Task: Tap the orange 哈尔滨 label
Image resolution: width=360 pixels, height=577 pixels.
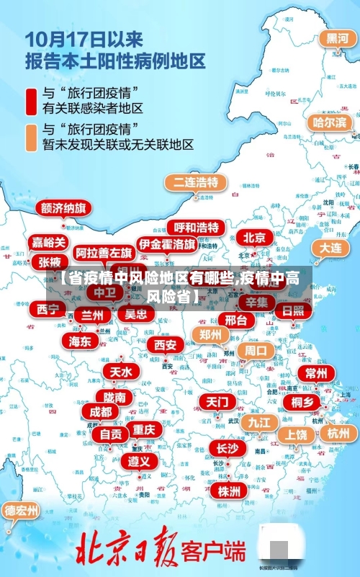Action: click(329, 122)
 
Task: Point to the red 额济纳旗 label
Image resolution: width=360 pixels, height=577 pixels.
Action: click(64, 208)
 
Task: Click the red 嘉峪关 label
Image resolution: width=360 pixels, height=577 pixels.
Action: click(49, 242)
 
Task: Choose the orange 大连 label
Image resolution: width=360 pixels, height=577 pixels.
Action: click(330, 248)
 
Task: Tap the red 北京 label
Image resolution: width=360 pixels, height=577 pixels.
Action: click(254, 237)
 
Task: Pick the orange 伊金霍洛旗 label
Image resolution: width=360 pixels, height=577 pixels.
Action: click(167, 243)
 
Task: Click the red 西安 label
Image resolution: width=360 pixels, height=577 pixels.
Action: click(165, 345)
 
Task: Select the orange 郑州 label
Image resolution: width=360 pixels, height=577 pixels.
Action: click(210, 334)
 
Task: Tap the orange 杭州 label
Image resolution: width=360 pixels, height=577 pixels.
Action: click(338, 433)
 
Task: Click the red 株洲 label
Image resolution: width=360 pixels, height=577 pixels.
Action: click(228, 470)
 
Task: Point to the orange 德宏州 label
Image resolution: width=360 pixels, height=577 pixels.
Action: click(22, 511)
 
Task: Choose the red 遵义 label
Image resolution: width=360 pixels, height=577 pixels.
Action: click(139, 460)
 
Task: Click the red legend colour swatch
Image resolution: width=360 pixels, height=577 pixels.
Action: click(32, 100)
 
